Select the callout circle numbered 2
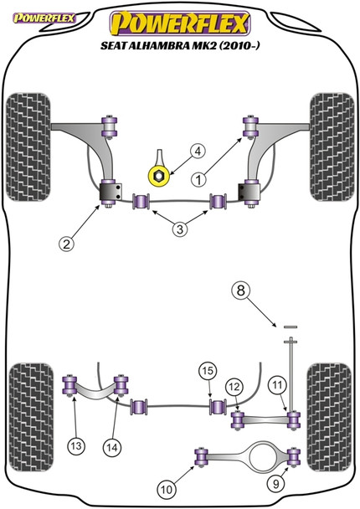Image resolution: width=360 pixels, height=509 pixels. (x=67, y=244)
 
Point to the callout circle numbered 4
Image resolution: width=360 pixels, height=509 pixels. (x=197, y=152)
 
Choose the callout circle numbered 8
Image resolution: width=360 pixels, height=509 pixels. (x=241, y=291)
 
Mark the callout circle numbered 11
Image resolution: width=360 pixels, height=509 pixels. (x=278, y=384)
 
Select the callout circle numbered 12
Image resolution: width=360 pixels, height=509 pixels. (x=235, y=386)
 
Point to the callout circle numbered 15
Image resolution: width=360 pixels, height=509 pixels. (x=207, y=372)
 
